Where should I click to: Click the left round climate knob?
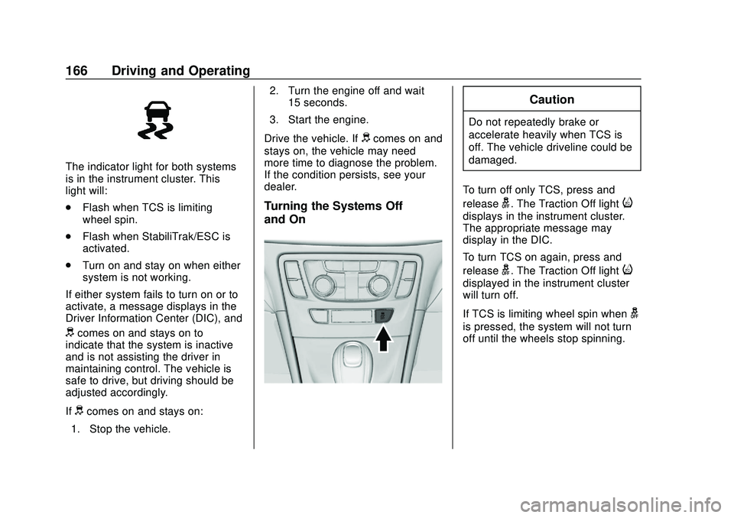click(323, 287)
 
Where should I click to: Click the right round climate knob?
click(378, 287)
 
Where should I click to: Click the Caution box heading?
click(551, 99)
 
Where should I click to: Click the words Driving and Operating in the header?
click(180, 71)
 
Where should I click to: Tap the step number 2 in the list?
click(273, 90)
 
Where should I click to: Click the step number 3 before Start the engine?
click(273, 119)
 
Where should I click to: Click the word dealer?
click(281, 186)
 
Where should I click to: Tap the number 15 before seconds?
click(297, 102)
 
